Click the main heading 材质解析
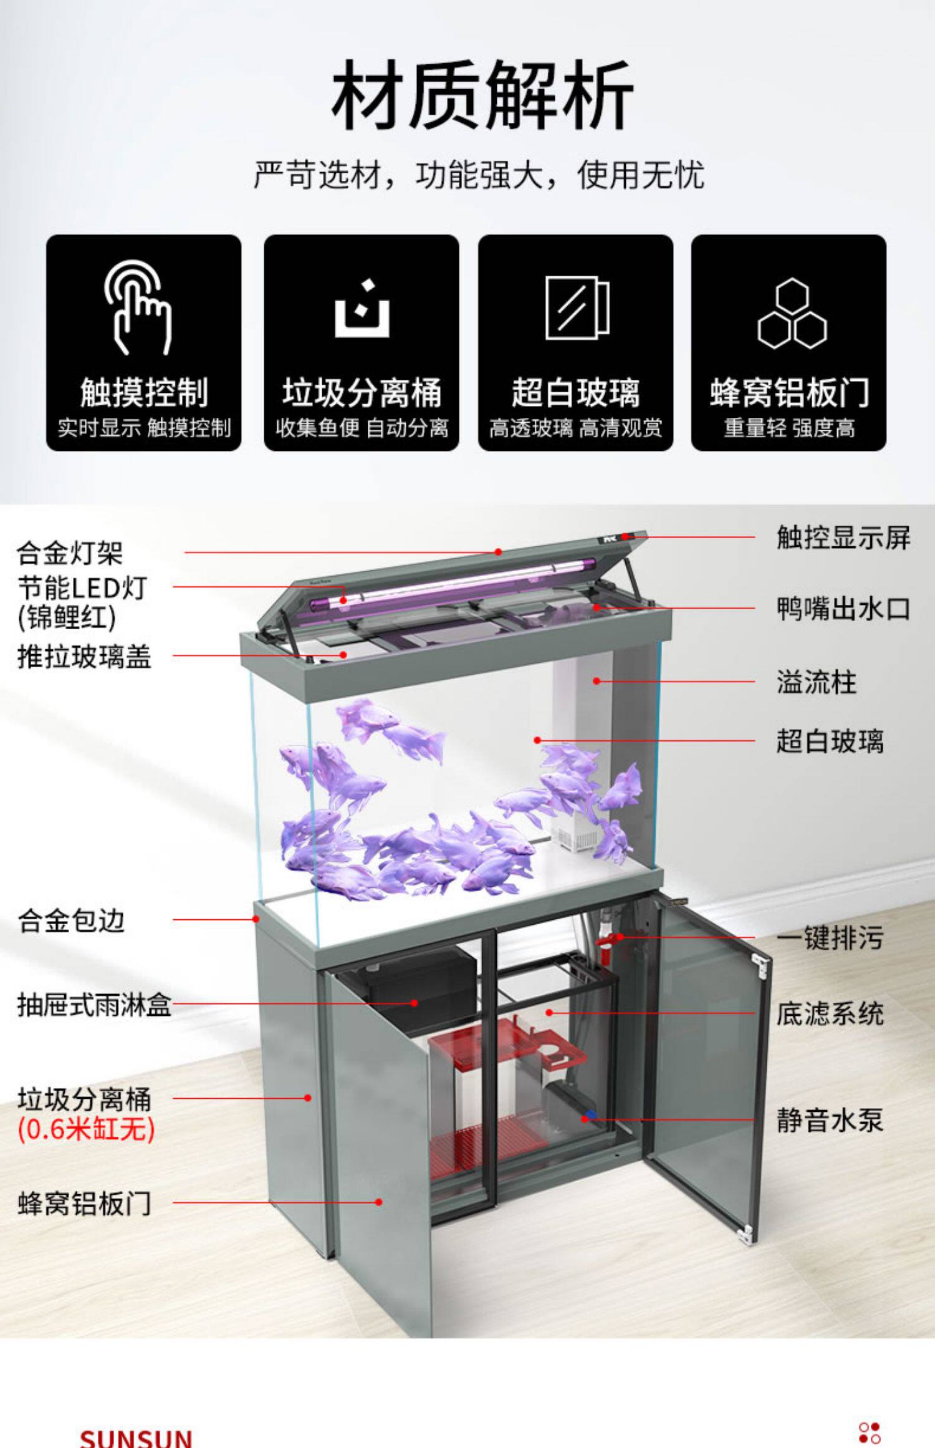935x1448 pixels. click(x=482, y=95)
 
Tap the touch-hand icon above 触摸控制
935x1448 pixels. click(x=138, y=307)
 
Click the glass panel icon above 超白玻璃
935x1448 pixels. click(x=577, y=308)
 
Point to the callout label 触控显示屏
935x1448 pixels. click(x=843, y=538)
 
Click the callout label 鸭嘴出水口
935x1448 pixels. click(x=843, y=609)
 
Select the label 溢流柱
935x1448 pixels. click(x=816, y=682)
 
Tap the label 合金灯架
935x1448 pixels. click(x=70, y=553)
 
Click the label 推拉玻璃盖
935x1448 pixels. click(x=84, y=656)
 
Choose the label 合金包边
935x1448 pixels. click(x=71, y=920)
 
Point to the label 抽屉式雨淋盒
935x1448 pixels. click(x=93, y=1005)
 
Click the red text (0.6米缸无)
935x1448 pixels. click(x=86, y=1129)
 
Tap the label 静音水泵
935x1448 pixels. click(x=829, y=1120)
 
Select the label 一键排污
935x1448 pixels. click(x=829, y=937)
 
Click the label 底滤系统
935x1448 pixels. click(x=829, y=1013)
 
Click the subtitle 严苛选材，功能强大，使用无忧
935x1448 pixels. click(x=479, y=175)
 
